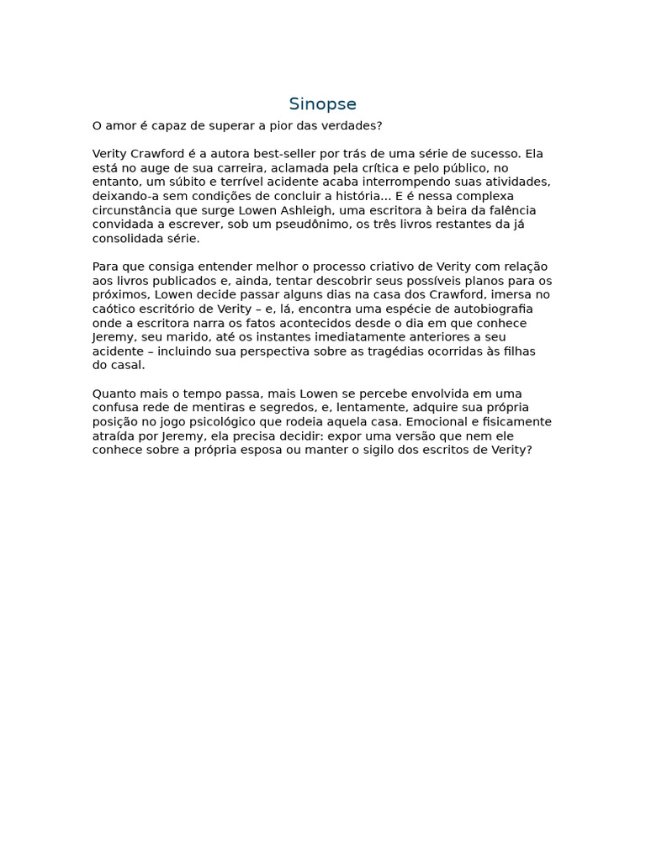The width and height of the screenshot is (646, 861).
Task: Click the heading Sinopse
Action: pos(322,104)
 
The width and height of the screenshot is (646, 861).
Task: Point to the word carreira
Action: pos(238,168)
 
